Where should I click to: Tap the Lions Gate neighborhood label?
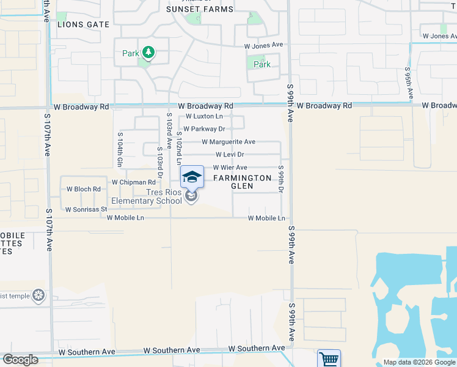tap(83, 24)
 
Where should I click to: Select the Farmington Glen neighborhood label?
tap(242, 182)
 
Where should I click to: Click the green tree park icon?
tap(147, 53)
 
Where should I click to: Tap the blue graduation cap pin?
tap(192, 177)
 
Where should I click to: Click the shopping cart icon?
tap(329, 359)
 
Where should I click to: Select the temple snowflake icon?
tap(38, 296)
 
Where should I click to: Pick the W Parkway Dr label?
tap(205, 129)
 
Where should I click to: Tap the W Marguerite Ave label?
tap(228, 142)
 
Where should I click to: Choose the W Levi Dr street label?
tap(230, 155)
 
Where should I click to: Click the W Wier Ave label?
tap(230, 168)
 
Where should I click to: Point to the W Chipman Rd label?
tap(134, 182)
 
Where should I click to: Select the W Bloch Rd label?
tap(83, 190)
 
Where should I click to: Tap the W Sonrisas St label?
tap(87, 209)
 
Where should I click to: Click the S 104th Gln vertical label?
tap(120, 149)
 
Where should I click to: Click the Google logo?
tap(21, 360)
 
